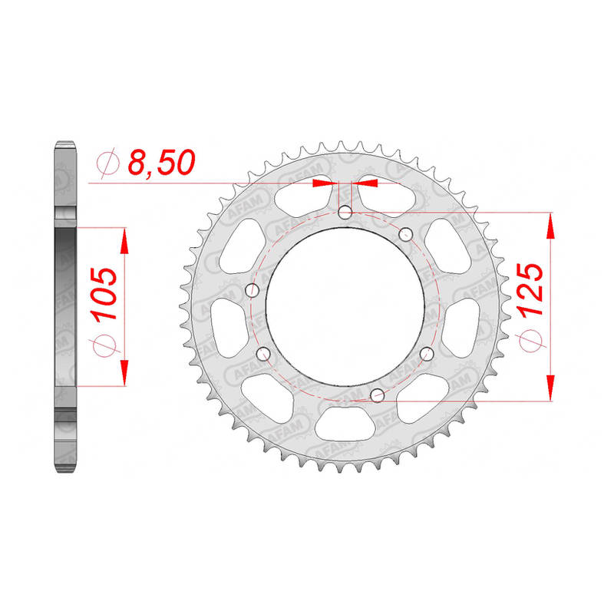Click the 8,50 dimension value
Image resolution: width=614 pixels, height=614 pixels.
pos(161,162)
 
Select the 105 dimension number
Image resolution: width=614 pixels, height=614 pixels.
pos(104,293)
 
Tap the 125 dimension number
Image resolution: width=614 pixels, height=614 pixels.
pos(530,289)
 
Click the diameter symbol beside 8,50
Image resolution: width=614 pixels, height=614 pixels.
pos(107,163)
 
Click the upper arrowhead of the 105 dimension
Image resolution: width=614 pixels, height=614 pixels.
pos(124,241)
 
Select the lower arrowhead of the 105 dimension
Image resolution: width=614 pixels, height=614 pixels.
pos(124,373)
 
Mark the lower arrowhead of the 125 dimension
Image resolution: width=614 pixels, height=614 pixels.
pos(550,388)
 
